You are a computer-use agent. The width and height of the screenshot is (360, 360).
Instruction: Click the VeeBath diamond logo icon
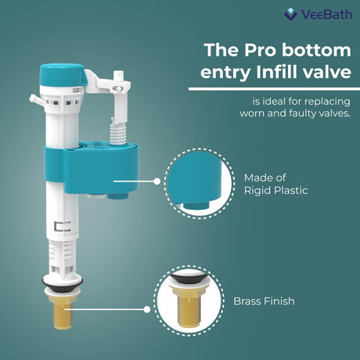click(x=290, y=14)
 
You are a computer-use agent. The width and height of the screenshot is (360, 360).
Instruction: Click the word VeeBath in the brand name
click(x=326, y=14)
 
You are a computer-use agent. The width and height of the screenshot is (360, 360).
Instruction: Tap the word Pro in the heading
click(x=260, y=50)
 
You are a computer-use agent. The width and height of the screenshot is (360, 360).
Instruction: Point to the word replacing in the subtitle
click(x=327, y=102)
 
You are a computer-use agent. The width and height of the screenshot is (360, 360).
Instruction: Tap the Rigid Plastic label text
click(x=275, y=190)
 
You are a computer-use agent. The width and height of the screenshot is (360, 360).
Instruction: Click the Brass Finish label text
click(x=264, y=301)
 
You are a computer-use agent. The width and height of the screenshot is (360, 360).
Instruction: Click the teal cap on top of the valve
click(x=63, y=75)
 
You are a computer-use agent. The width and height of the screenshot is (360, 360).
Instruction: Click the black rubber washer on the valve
click(x=63, y=283)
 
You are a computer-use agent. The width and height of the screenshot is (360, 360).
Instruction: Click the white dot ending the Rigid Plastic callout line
click(x=157, y=182)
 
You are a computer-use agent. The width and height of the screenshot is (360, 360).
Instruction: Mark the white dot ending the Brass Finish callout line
click(x=147, y=310)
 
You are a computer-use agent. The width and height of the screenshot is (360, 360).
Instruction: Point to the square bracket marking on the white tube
click(x=63, y=226)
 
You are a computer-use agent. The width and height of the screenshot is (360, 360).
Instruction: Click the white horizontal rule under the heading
click(x=274, y=89)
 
